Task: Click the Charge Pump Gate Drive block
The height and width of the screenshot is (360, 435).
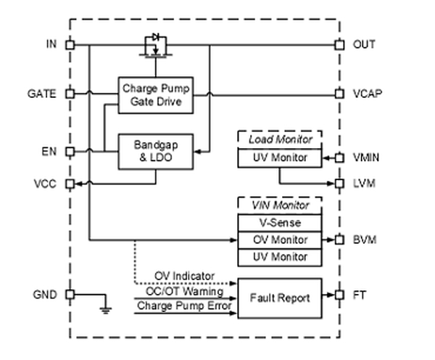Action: (156, 95)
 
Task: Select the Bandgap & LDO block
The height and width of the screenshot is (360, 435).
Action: (156, 152)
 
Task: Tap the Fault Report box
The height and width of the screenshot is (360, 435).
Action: (280, 298)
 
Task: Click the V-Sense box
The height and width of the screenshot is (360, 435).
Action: (280, 223)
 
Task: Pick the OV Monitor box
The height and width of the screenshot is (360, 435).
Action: (280, 240)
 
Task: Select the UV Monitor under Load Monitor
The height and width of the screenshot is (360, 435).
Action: (280, 158)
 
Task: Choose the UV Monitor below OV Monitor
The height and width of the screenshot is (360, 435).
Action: (280, 257)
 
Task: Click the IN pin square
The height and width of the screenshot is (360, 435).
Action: (70, 45)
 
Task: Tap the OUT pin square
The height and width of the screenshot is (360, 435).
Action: (339, 45)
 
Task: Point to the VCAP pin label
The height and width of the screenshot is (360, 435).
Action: (368, 94)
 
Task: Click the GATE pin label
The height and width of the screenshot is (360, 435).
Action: (41, 94)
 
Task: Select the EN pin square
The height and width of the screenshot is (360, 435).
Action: (70, 152)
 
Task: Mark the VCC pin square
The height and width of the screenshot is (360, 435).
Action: (70, 184)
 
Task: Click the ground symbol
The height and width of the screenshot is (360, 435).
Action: (105, 310)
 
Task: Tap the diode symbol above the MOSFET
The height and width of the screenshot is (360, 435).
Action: (156, 37)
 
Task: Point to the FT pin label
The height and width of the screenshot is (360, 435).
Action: (360, 295)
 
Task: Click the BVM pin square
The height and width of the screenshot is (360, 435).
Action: (339, 240)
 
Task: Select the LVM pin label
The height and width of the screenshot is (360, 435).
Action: (364, 184)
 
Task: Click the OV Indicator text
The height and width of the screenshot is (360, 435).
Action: (184, 276)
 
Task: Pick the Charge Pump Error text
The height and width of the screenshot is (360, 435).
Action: (184, 306)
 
